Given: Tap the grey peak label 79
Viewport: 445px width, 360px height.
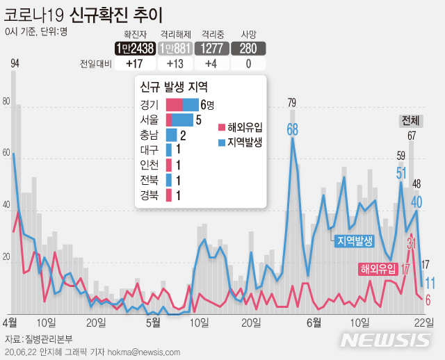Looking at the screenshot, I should (x=292, y=104).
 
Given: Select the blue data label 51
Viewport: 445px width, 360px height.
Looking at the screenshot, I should (x=402, y=172).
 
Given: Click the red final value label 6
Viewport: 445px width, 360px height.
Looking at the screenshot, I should (x=428, y=300).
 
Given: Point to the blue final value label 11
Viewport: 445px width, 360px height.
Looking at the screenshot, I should (x=430, y=283).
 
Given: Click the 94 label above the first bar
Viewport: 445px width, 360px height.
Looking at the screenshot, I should (x=15, y=65).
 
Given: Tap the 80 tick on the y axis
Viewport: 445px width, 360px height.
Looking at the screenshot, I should (x=7, y=101).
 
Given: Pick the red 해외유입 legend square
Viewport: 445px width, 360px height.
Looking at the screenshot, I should (x=221, y=127).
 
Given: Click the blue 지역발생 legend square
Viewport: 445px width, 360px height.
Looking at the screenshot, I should (x=221, y=142).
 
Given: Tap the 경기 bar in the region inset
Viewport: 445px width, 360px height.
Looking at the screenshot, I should (x=181, y=105).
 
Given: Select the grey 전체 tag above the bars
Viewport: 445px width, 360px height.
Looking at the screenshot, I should (x=410, y=120).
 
